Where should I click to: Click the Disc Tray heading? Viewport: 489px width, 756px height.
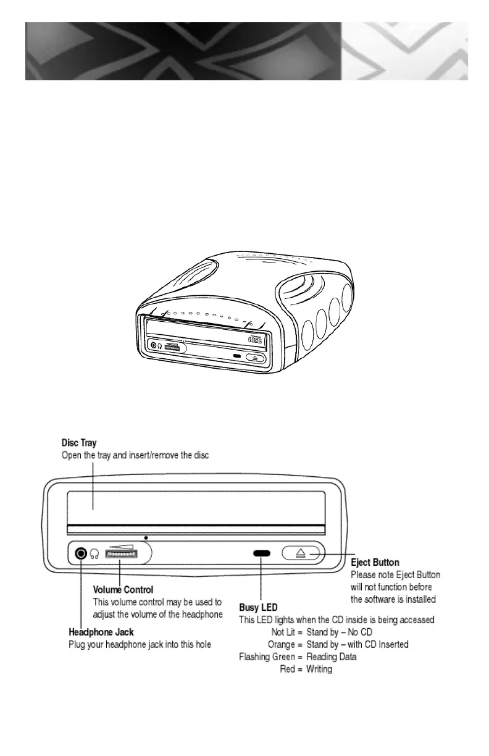(79, 443)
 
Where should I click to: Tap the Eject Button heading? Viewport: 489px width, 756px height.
(375, 563)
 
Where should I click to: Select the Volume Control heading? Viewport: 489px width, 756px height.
(123, 590)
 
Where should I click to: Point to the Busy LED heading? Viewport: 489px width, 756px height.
(258, 608)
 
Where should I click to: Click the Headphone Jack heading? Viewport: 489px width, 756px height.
(101, 632)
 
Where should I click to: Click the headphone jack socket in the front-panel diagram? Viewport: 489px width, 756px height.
(80, 553)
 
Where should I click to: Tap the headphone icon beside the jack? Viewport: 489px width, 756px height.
(94, 554)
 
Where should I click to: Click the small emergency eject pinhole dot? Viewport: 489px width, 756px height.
(146, 538)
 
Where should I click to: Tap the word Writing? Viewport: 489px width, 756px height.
(319, 669)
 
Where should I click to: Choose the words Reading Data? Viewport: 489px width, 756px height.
(332, 657)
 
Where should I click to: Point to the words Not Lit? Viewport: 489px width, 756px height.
(284, 632)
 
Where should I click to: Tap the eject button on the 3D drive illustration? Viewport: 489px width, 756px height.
(255, 358)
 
